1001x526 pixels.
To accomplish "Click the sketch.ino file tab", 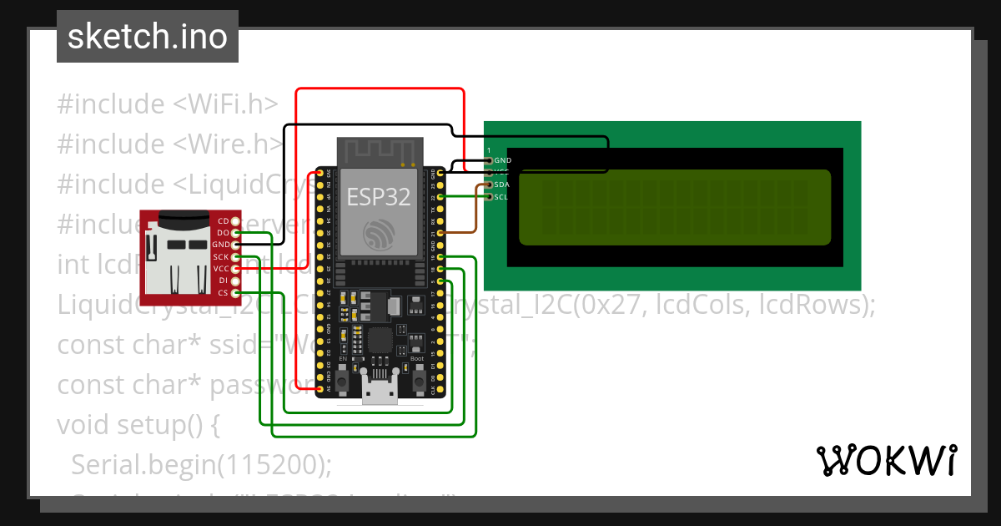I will click(x=147, y=37).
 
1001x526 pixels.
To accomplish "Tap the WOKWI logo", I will click(x=885, y=460).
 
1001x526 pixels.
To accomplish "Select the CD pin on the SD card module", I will click(x=235, y=220).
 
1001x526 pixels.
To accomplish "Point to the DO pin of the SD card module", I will click(x=235, y=232).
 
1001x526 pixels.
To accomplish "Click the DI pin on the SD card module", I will click(x=235, y=281).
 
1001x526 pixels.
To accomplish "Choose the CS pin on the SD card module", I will click(x=235, y=293).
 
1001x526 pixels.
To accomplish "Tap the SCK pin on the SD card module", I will click(x=235, y=256).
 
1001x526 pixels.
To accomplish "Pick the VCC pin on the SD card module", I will click(x=235, y=269).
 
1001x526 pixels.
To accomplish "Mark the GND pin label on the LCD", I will click(x=502, y=159).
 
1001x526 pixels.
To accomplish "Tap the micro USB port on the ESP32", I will click(x=380, y=390).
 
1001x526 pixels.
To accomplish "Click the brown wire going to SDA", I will click(x=475, y=209).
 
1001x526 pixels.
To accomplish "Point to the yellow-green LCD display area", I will click(x=675, y=207).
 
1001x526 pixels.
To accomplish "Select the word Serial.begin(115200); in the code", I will click(x=201, y=464).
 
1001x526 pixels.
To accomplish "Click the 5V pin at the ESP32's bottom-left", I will click(x=320, y=389).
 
